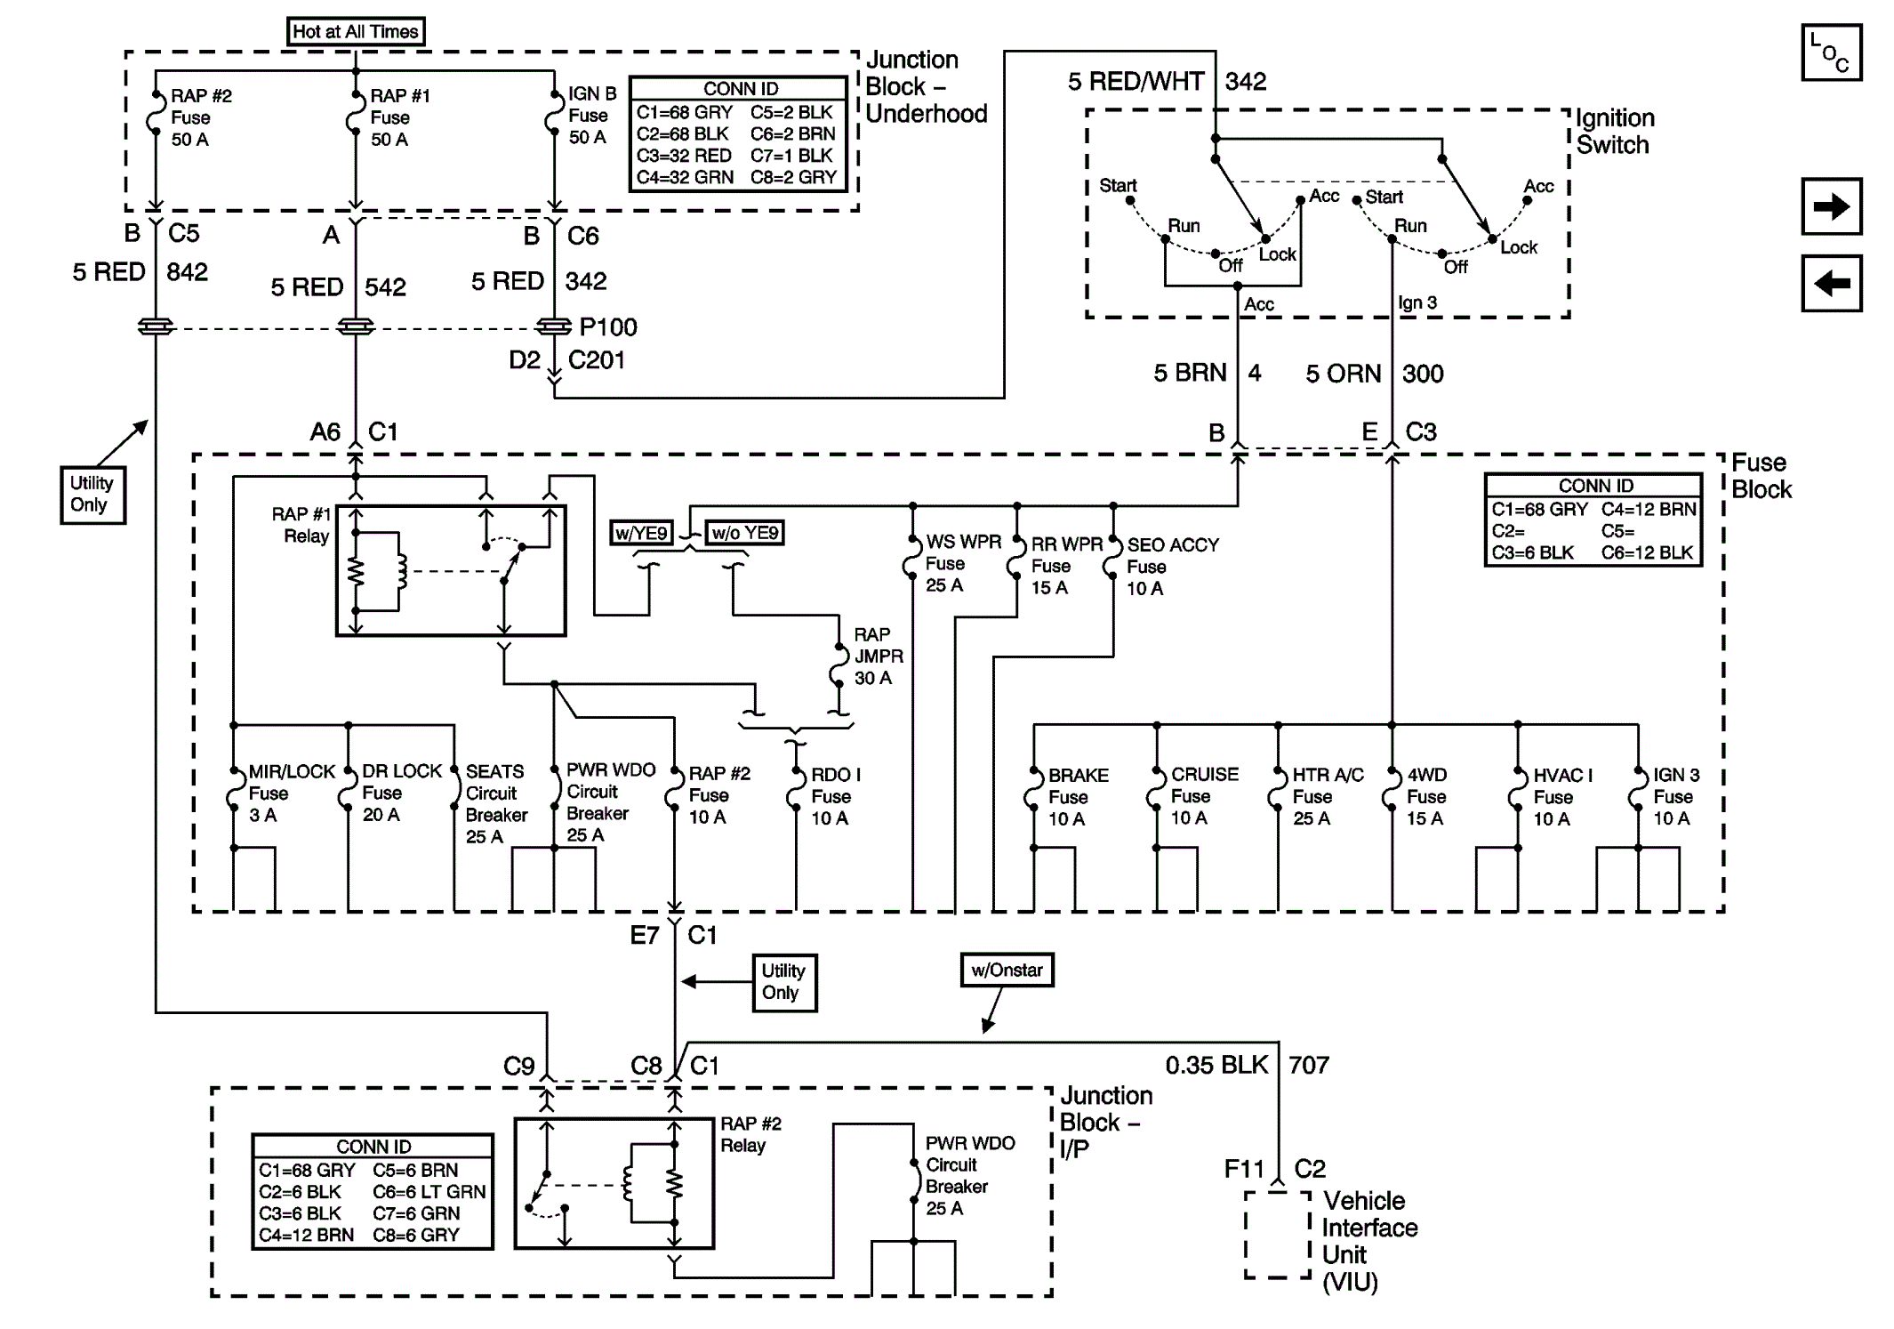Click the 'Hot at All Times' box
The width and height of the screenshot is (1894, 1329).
tap(356, 32)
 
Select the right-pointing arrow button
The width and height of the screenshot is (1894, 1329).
tap(1831, 207)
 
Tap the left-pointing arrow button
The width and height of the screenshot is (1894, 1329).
tap(1831, 284)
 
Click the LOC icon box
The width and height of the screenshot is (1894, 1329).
tap(1831, 53)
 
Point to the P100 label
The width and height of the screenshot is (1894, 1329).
tap(608, 327)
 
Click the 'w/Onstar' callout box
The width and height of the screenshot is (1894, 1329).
tap(1007, 970)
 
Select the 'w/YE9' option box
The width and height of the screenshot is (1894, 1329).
tap(641, 533)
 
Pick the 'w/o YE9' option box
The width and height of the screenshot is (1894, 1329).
tap(745, 533)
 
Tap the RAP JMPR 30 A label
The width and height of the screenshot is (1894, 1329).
tap(879, 656)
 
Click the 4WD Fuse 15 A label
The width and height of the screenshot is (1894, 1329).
tap(1426, 797)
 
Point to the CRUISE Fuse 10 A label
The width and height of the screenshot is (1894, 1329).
tap(1204, 796)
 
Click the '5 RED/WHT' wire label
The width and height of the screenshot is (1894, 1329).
tap(1136, 82)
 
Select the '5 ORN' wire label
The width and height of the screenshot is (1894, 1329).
tap(1343, 374)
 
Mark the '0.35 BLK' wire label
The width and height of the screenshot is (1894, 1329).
tap(1216, 1065)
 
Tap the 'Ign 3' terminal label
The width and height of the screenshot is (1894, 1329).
tap(1417, 303)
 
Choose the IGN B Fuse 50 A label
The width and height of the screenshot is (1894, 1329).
tap(592, 116)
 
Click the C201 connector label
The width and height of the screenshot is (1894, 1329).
tap(597, 360)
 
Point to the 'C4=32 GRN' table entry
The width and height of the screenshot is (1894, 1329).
tap(685, 177)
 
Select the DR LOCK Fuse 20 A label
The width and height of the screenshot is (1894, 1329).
tap(401, 793)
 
